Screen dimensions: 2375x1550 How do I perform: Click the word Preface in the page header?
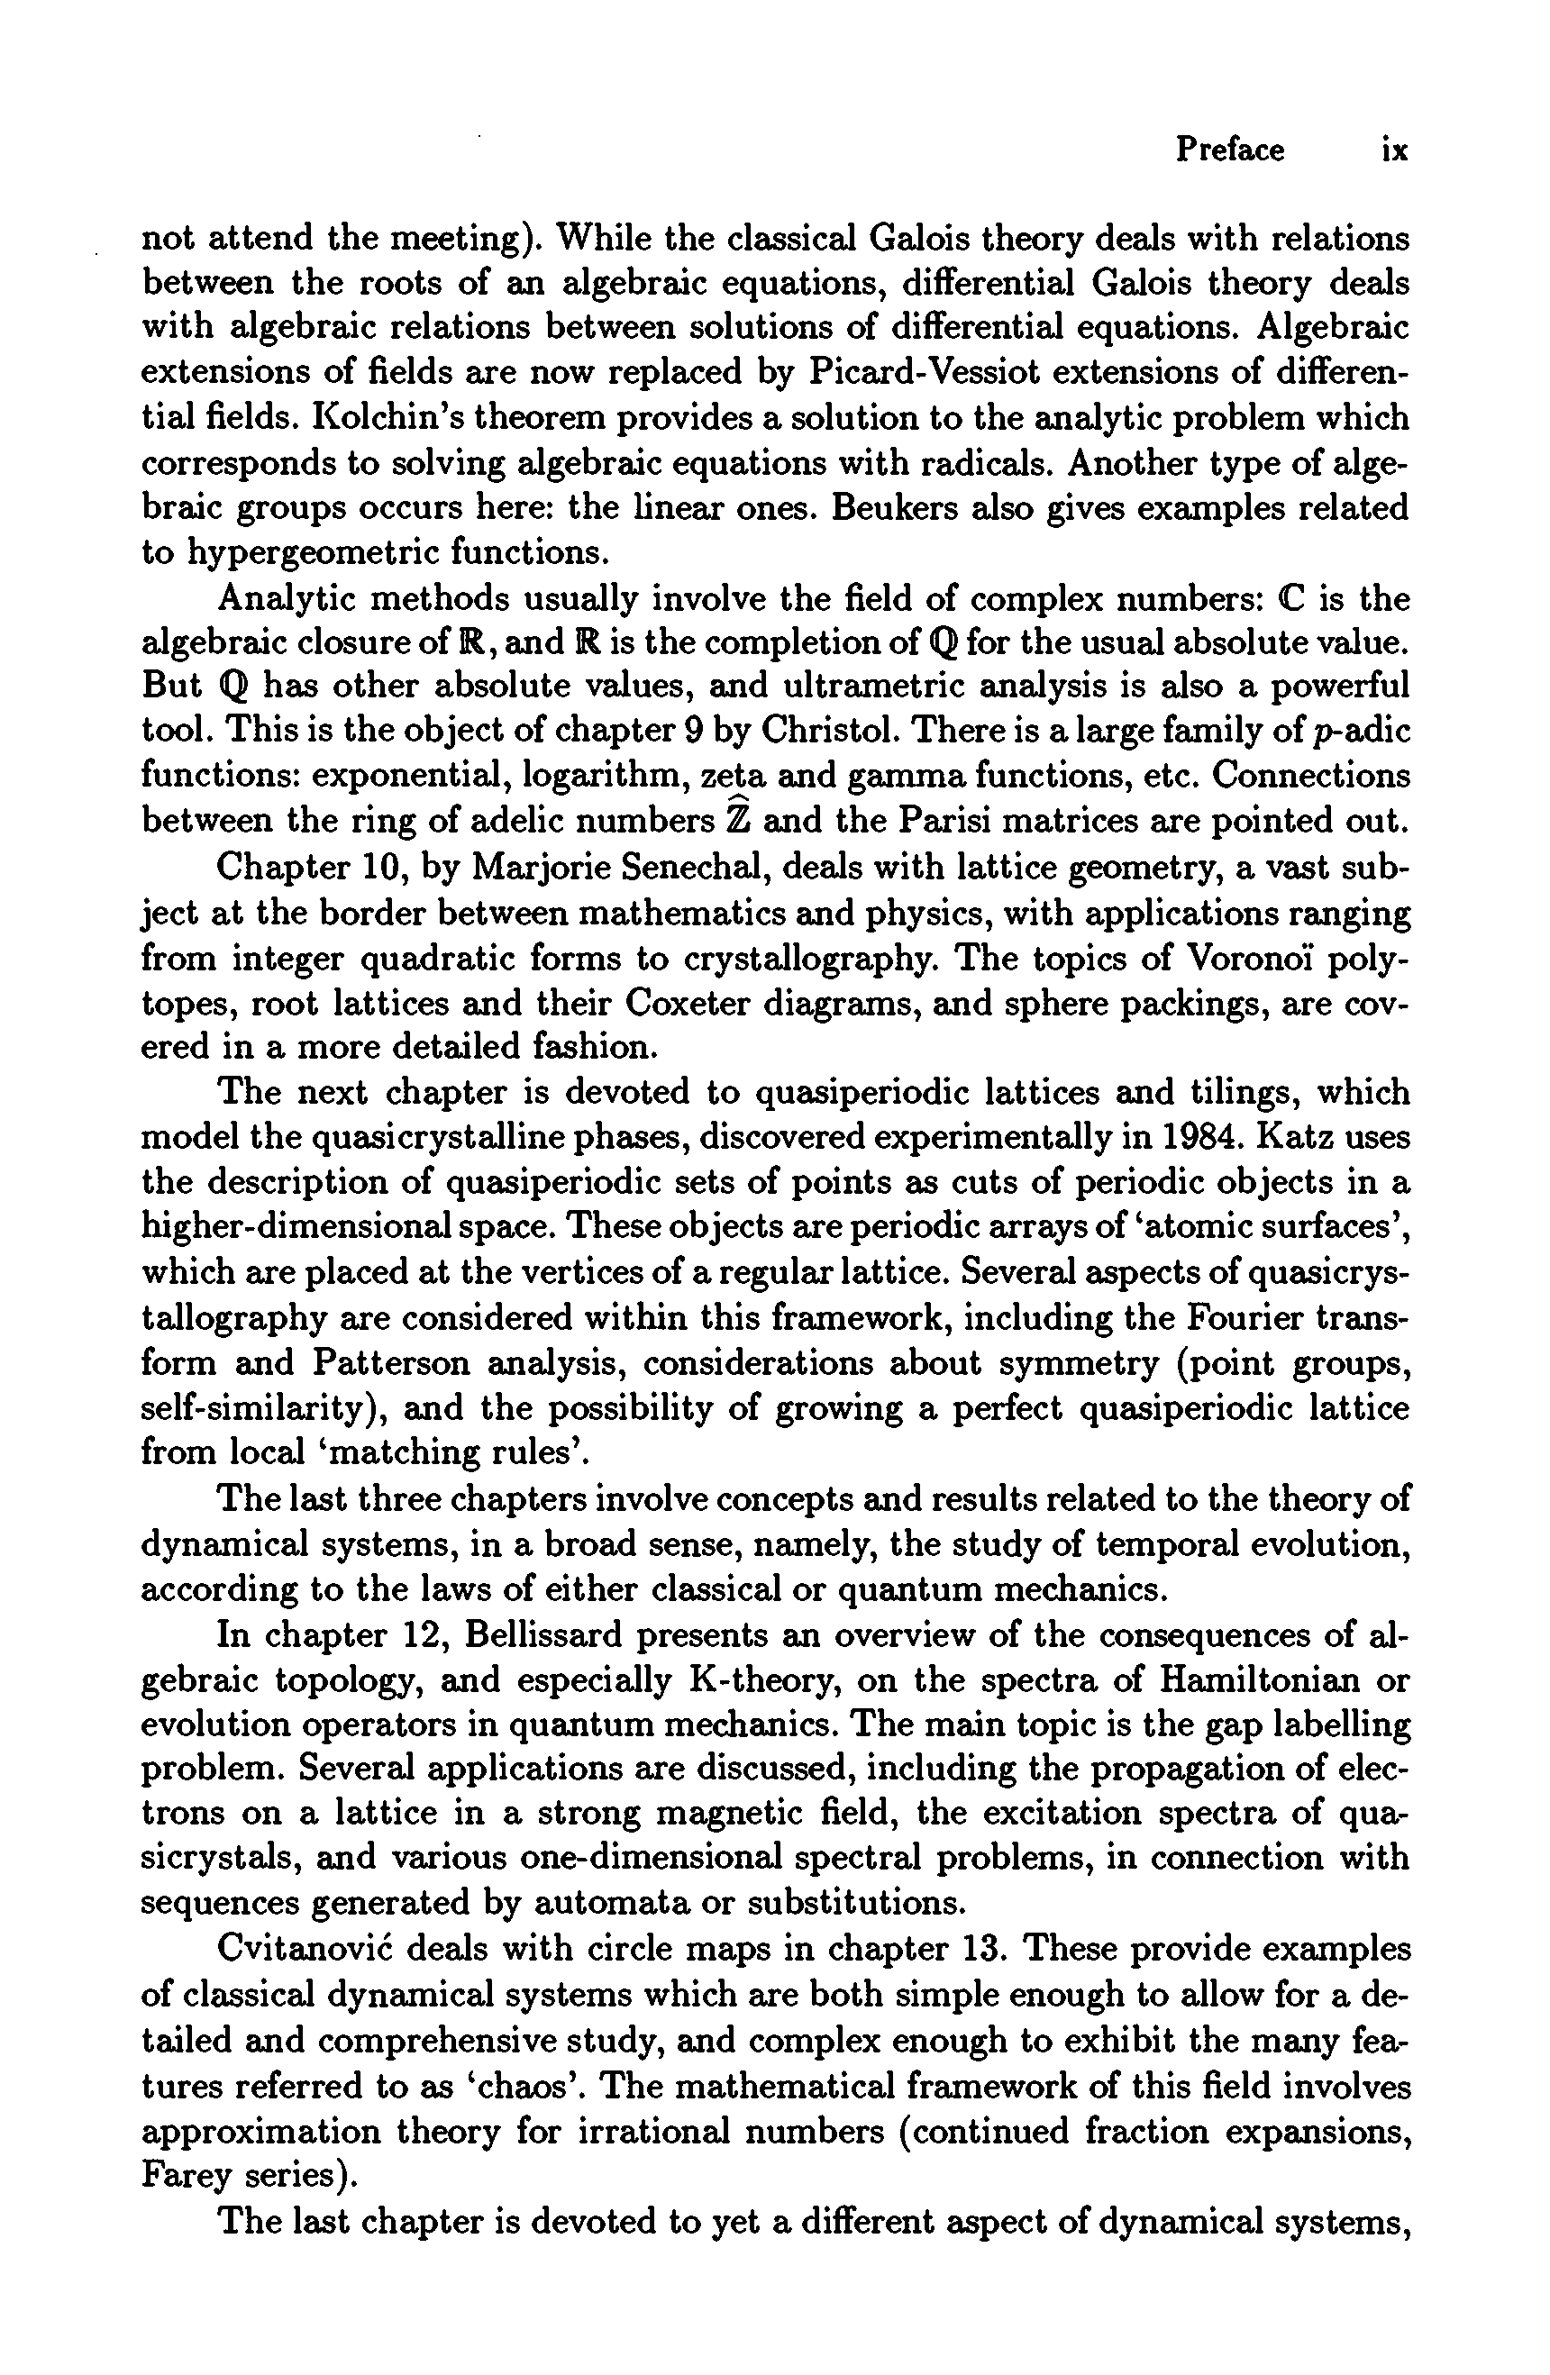tap(1229, 150)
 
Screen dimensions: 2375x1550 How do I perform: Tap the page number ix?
tap(1394, 150)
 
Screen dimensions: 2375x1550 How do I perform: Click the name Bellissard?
tap(551, 1635)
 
